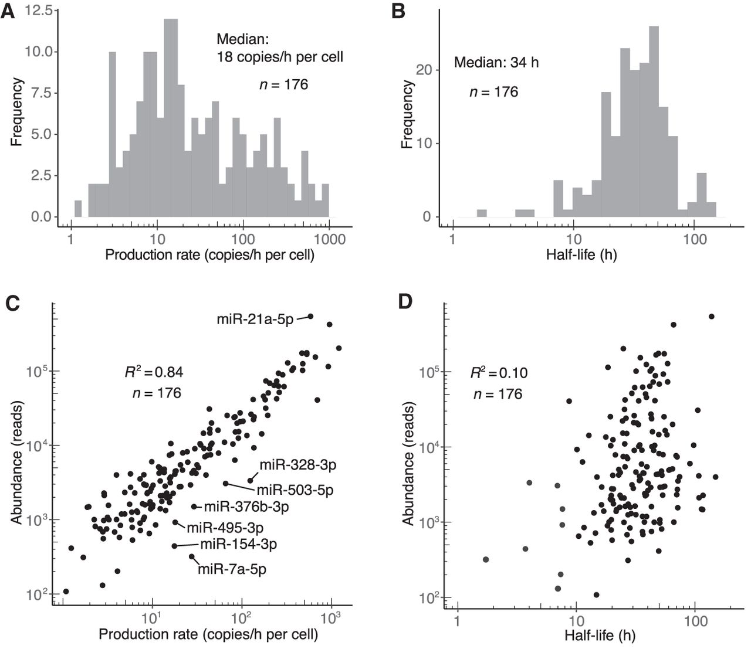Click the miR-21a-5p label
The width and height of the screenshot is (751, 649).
point(255,320)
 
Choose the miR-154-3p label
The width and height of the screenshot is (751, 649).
point(238,544)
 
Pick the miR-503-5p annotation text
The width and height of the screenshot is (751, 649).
point(295,489)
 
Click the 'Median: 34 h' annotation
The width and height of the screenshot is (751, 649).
point(496,62)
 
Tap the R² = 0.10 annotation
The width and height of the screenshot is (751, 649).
point(499,373)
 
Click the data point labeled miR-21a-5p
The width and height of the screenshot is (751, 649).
point(311,316)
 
